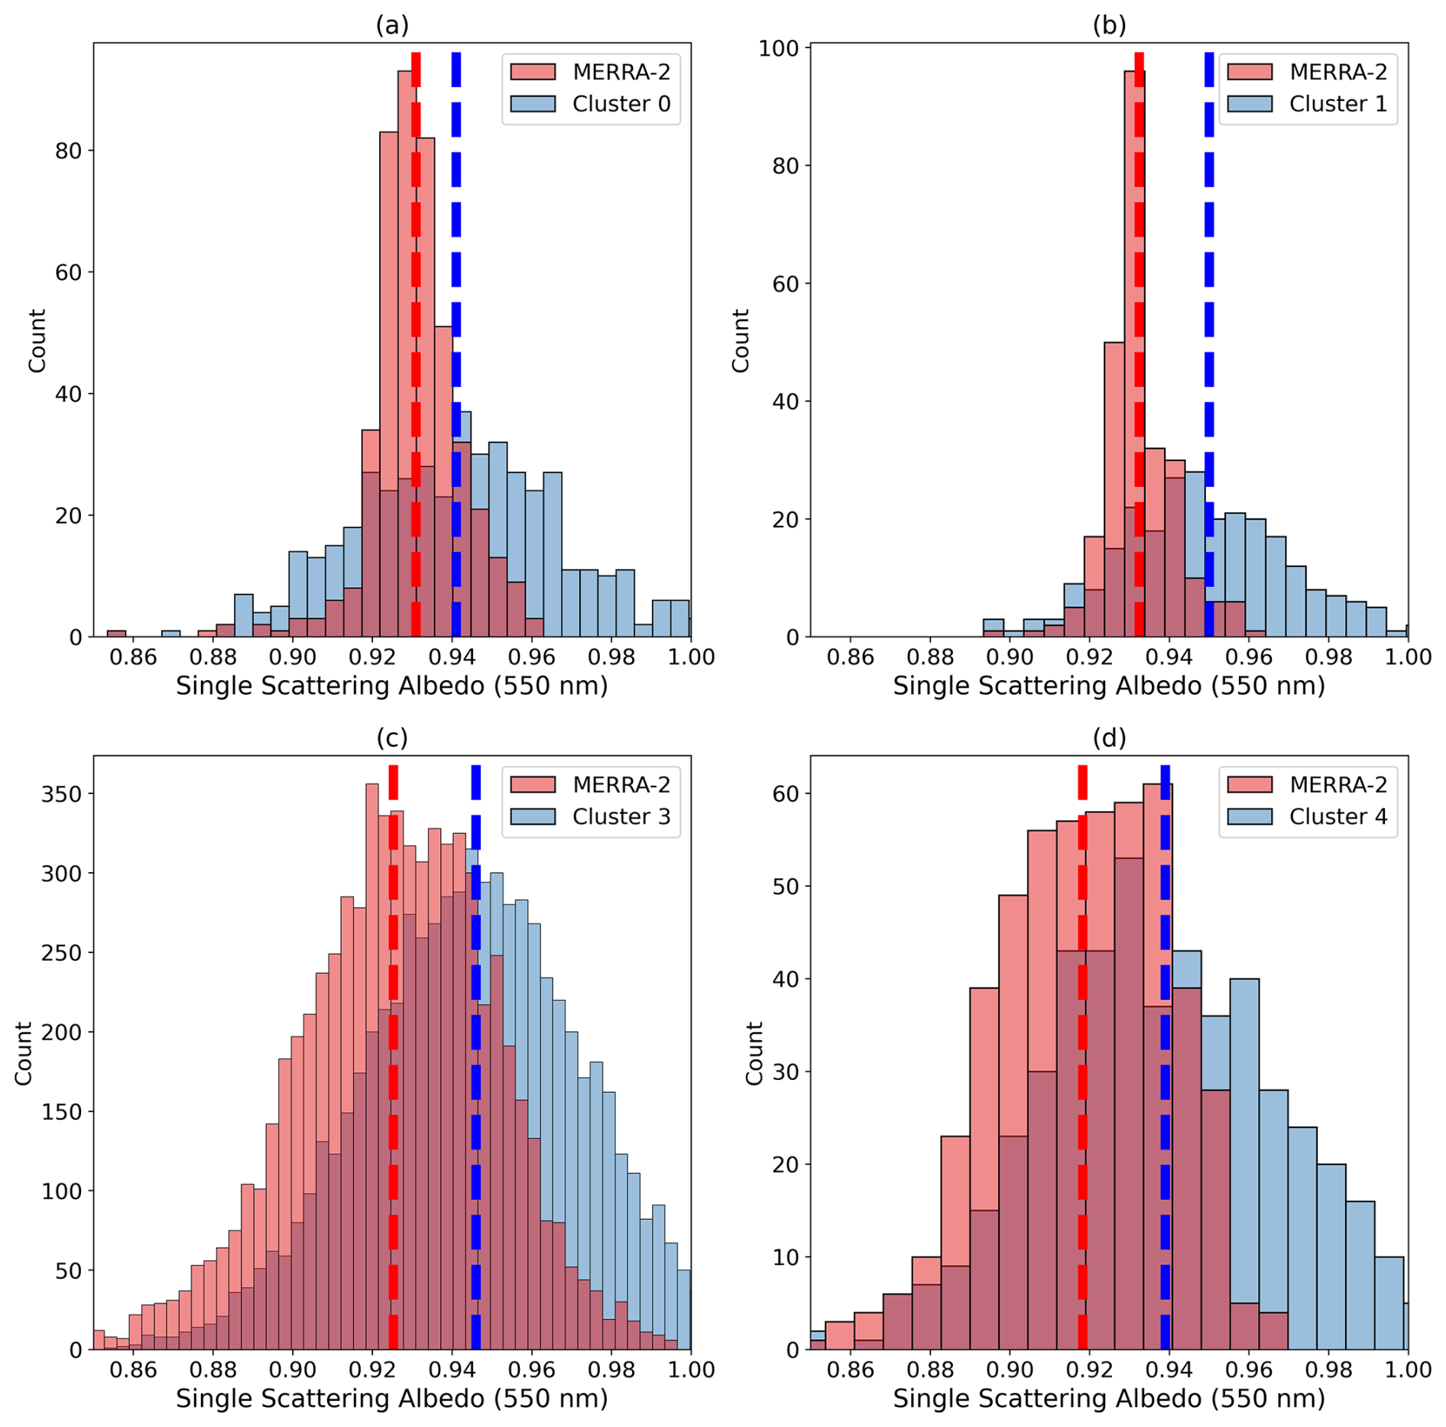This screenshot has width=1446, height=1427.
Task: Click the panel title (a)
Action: point(392,25)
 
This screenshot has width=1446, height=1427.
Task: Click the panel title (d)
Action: point(1108,738)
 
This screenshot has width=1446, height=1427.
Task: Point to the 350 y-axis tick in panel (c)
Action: point(61,794)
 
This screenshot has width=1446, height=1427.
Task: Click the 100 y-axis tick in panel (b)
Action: point(778,48)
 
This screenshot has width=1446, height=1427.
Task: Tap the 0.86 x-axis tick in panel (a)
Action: point(133,657)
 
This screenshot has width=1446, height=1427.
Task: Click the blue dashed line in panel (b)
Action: point(1209,344)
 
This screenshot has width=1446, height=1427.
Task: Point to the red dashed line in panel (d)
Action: point(1082,1070)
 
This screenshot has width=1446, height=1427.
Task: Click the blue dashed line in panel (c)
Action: point(475,1070)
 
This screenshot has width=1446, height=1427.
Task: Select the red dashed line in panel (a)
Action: point(416,344)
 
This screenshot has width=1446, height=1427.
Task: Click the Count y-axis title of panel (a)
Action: point(37,341)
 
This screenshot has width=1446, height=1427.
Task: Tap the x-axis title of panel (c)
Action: point(392,1398)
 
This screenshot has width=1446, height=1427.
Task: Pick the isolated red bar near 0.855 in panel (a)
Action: point(116,633)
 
